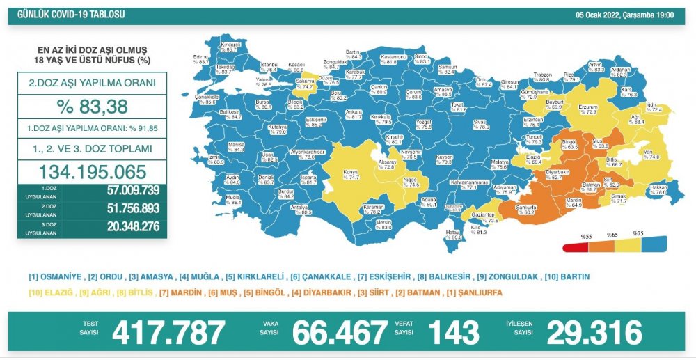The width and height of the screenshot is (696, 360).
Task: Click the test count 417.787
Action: click(x=168, y=333)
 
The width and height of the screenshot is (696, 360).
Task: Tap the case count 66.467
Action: click(x=340, y=333)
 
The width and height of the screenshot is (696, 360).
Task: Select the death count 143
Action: click(x=453, y=333)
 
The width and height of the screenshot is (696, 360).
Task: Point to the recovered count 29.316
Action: click(x=594, y=333)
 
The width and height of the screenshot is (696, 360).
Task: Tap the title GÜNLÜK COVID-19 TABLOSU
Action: click(x=66, y=13)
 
